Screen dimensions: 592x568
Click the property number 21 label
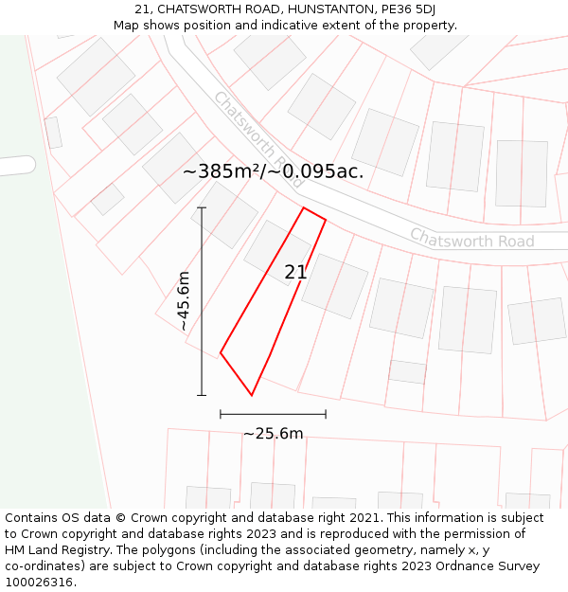[295, 273]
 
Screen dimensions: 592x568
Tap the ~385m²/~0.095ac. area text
[273, 172]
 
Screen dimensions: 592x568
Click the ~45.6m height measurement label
[184, 300]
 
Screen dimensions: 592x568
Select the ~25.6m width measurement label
[273, 434]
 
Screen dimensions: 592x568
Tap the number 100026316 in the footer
[39, 583]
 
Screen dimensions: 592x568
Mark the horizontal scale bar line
[273, 414]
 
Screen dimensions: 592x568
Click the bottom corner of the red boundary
[252, 395]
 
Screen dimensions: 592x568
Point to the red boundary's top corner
[304, 207]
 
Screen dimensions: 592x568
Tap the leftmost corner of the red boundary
[221, 353]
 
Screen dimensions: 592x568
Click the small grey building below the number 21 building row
[407, 371]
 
